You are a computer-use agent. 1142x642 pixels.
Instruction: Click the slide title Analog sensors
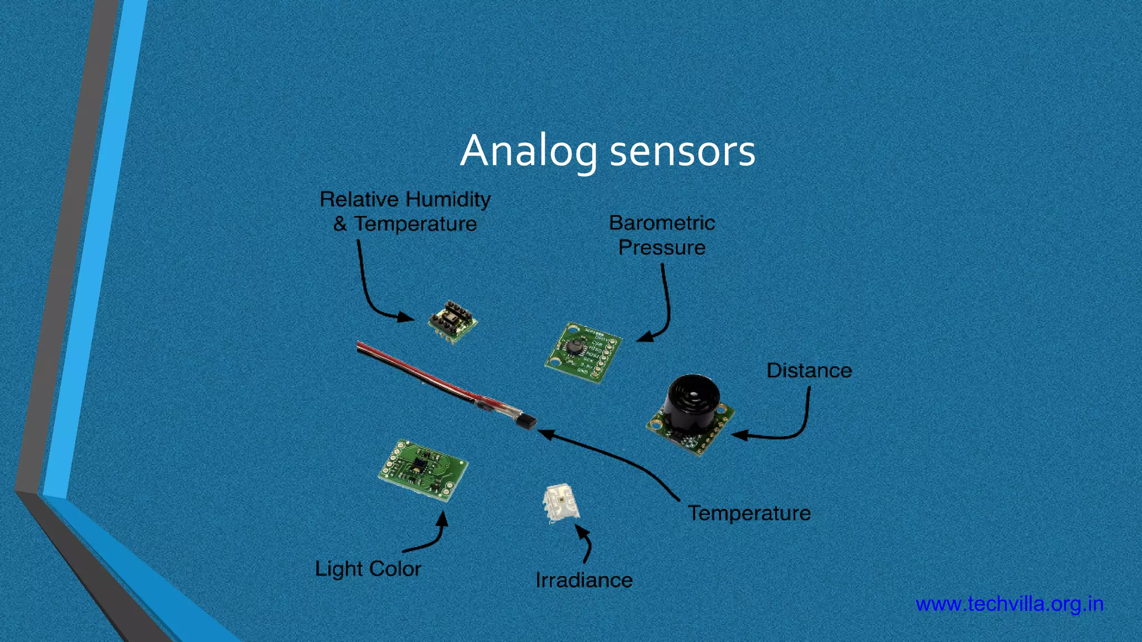[x=607, y=151]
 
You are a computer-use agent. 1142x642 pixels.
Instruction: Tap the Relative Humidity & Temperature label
[x=405, y=211]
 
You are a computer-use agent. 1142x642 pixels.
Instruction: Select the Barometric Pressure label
[x=662, y=235]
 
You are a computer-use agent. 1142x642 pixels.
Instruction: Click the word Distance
[x=809, y=371]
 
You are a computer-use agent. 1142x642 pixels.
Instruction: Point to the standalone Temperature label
[x=749, y=513]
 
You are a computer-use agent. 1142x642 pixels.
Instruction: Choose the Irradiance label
[x=584, y=580]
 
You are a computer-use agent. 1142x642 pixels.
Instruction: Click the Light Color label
[x=368, y=569]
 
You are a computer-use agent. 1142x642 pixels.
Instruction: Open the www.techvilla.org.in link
[x=1009, y=604]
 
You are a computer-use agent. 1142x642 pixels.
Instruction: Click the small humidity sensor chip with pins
[x=452, y=321]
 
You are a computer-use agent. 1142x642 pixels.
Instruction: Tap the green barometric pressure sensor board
[x=583, y=353]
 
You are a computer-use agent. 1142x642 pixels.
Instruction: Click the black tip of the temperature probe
[x=527, y=422]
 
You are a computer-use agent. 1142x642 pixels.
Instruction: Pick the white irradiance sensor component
[x=560, y=503]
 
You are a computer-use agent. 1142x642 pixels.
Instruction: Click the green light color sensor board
[x=423, y=469]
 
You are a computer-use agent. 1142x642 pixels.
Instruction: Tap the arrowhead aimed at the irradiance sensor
[x=582, y=531]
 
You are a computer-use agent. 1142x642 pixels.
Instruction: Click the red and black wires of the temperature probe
[x=418, y=373]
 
